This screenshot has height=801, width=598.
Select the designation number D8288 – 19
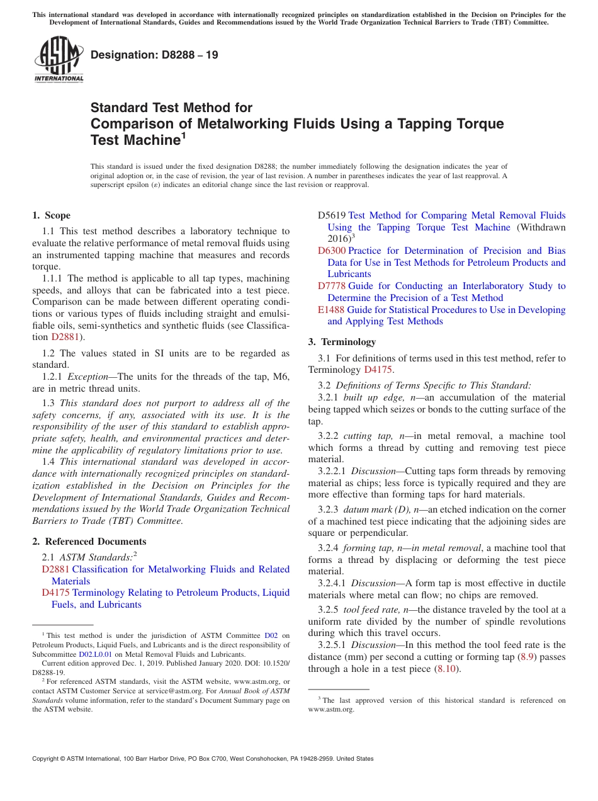coord(154,55)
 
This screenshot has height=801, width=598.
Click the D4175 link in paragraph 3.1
coord(378,370)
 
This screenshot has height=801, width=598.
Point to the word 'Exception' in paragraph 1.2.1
coord(88,377)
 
